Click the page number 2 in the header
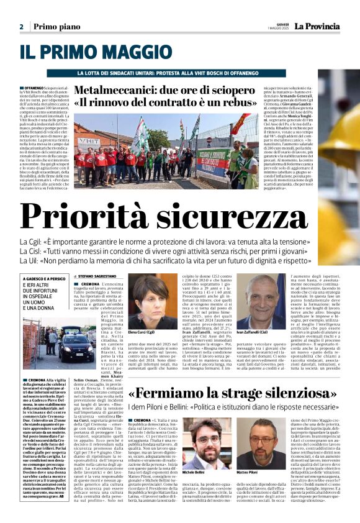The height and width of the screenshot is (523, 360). (x=21, y=27)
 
